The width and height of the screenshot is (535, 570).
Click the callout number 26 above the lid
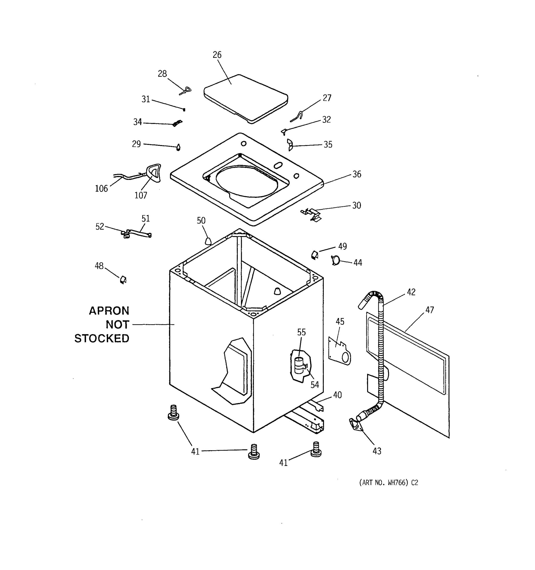tap(217, 55)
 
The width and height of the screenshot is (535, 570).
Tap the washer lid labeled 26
tap(246, 97)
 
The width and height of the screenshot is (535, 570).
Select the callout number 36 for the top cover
tap(356, 174)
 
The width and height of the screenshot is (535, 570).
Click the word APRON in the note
tap(109, 311)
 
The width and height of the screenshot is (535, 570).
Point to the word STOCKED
tap(102, 339)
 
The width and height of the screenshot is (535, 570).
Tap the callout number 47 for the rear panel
tap(429, 310)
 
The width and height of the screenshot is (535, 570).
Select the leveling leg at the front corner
tap(253, 452)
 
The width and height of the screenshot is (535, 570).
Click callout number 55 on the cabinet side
tap(301, 332)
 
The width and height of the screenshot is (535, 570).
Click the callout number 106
tap(101, 189)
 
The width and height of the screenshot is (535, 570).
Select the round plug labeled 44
tap(336, 260)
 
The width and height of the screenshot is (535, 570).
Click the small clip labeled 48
tap(123, 280)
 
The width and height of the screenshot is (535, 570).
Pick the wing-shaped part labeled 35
tap(290, 145)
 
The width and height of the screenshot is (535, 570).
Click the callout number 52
tap(100, 227)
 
